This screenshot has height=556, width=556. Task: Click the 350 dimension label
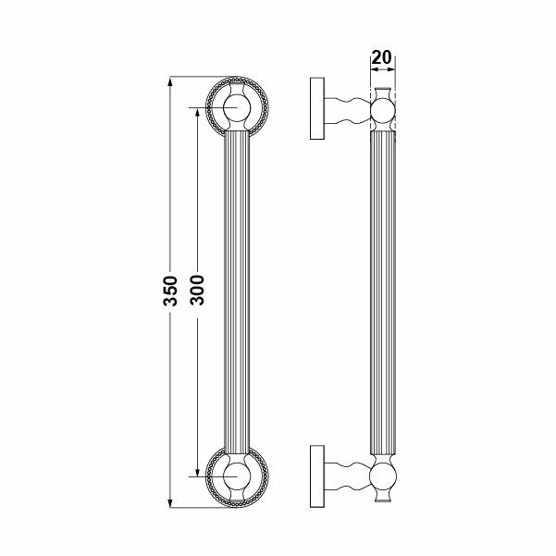click(170, 291)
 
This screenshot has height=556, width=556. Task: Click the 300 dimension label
click(197, 290)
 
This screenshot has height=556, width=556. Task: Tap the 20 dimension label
click(382, 57)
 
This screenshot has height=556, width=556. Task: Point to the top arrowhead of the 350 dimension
click(170, 81)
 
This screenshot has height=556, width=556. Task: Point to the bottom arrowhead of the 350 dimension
click(170, 503)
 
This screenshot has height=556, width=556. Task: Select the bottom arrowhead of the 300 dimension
click(197, 472)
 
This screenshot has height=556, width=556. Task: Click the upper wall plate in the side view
click(317, 108)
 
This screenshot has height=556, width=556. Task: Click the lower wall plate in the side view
click(317, 476)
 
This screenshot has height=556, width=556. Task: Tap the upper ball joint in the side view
click(383, 111)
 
